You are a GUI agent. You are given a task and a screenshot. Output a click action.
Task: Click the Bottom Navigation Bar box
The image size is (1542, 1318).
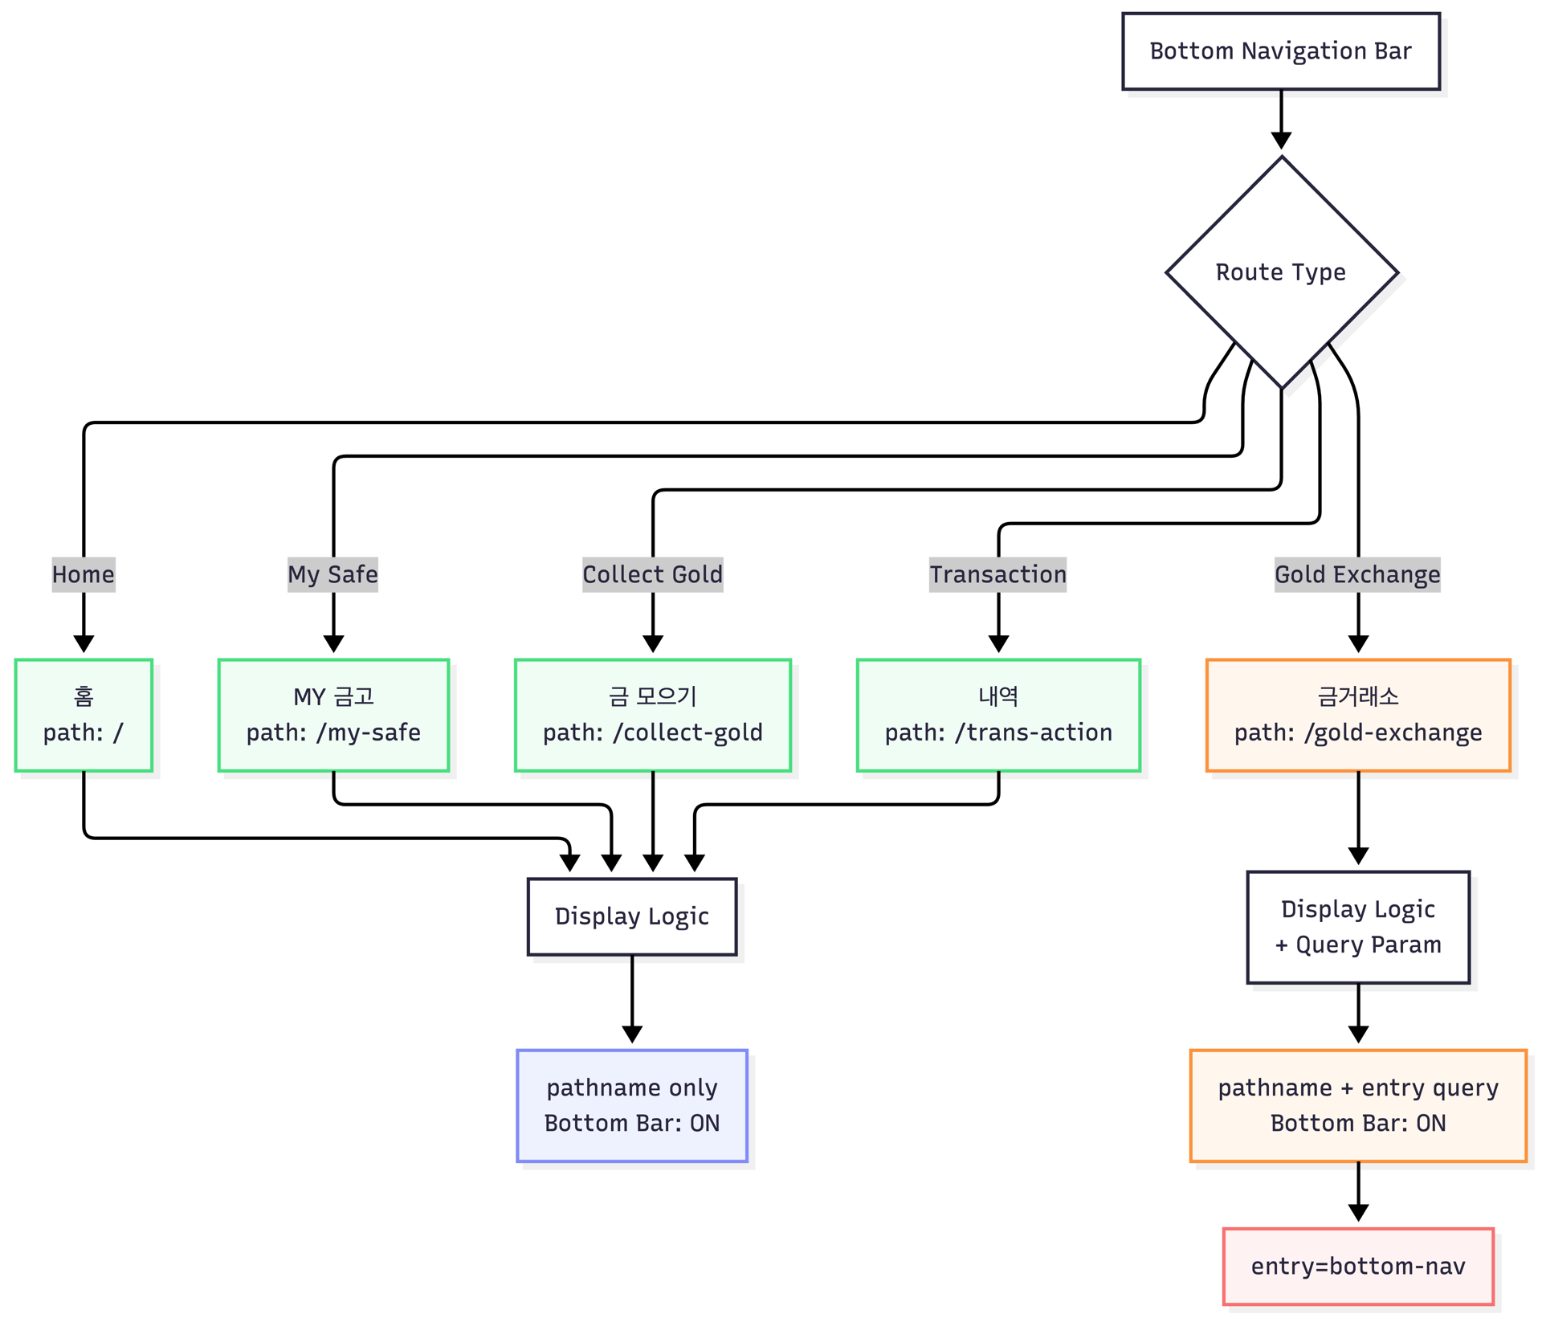[x=1281, y=51]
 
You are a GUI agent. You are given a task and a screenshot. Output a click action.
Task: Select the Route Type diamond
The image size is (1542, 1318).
[x=1282, y=273]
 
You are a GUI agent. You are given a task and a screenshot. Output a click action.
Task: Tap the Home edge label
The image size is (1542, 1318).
[x=84, y=575]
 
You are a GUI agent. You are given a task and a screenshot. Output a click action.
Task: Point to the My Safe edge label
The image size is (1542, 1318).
[x=333, y=575]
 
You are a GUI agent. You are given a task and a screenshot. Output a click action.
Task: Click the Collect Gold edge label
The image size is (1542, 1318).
[x=653, y=575]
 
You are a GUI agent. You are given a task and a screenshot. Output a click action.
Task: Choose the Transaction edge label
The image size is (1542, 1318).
[x=998, y=575]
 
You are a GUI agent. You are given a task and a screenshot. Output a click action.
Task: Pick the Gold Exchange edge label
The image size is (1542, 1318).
[x=1358, y=575]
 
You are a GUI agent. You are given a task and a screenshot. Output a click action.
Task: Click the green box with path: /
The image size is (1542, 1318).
[x=84, y=716]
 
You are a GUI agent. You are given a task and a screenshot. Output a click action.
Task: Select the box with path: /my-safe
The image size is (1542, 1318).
[x=333, y=716]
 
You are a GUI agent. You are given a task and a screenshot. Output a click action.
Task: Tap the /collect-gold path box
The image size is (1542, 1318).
[x=653, y=716]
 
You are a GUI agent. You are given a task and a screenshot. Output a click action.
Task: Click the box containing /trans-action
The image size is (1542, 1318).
[x=998, y=716]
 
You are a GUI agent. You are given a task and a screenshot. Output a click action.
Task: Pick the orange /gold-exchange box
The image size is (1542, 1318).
[x=1358, y=716]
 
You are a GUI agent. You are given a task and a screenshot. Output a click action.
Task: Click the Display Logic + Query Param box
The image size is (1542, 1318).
[x=1358, y=928]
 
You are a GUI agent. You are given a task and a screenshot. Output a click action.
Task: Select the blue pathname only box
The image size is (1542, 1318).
[x=632, y=1106]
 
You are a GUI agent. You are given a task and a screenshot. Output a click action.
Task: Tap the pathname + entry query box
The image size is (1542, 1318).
[x=1358, y=1106]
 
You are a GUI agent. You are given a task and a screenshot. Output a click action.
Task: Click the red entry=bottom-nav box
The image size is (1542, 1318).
[x=1358, y=1267]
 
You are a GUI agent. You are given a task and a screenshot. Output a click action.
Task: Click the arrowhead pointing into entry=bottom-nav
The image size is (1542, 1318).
[x=1358, y=1213]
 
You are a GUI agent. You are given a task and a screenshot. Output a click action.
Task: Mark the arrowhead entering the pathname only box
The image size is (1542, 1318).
[x=632, y=1034]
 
